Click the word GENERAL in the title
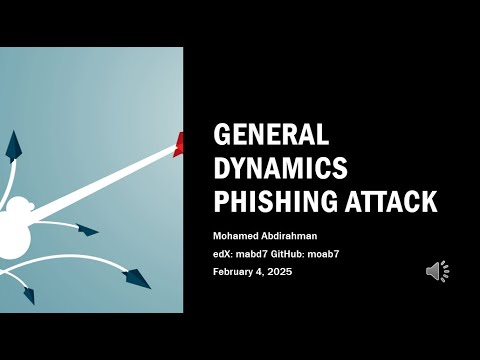pos(272,137)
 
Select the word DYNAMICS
pos(281,169)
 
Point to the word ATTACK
pos(390,201)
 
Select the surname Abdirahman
pos(305,236)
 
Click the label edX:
pos(227,254)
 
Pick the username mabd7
pos(262,254)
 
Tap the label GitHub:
pos(307,254)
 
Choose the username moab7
pos(349,254)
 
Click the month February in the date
pos(241,272)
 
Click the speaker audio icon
pos(437,271)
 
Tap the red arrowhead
pos(179,145)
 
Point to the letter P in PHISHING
pos(223,201)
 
